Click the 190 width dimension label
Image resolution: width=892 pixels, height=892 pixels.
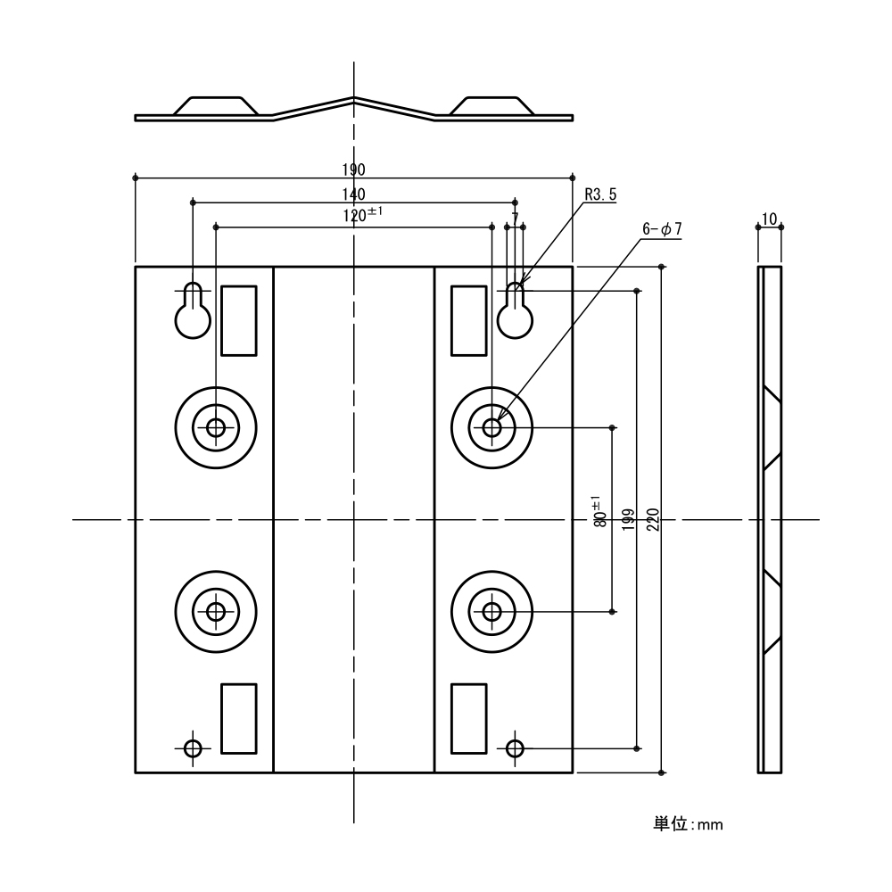(354, 170)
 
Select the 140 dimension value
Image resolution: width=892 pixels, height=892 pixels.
(354, 194)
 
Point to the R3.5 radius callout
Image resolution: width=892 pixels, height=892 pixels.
(600, 194)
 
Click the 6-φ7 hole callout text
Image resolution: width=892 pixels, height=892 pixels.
(662, 229)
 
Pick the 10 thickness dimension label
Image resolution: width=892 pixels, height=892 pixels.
(770, 219)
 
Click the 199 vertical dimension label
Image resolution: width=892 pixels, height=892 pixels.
(628, 519)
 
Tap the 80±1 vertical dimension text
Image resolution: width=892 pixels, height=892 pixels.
(599, 512)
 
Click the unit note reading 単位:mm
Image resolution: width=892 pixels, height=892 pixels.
(688, 824)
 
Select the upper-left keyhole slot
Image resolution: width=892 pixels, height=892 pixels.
(193, 312)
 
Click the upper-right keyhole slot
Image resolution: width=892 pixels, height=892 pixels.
(515, 312)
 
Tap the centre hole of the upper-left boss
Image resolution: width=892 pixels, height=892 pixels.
(216, 427)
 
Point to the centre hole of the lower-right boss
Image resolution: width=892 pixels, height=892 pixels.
(491, 612)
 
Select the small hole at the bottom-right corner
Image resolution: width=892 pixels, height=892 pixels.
(515, 747)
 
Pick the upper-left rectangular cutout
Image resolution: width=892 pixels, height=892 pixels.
(238, 321)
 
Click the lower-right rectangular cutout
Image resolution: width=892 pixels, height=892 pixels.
(469, 717)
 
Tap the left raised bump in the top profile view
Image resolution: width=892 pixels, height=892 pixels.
(216, 106)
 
